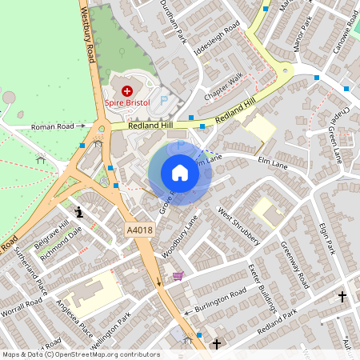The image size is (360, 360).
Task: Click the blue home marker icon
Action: pos(180,172)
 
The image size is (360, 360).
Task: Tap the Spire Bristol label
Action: pos(127,102)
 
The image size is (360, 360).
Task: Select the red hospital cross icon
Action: pos(126,91)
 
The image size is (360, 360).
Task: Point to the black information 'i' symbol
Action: pos(78,212)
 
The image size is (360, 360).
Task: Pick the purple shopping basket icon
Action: pos(178,276)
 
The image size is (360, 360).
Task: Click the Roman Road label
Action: pos(58,126)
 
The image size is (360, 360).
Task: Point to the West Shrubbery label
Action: pos(239,226)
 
